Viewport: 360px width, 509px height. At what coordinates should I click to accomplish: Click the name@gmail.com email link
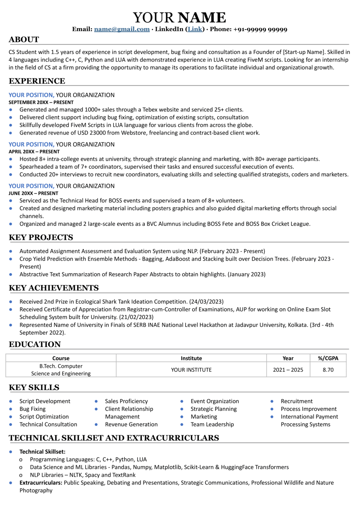(122, 29)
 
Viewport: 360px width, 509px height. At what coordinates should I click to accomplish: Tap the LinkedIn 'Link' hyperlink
(195, 29)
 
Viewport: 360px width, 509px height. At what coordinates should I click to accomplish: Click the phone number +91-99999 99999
(260, 29)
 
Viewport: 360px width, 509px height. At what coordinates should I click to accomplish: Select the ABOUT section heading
(24, 40)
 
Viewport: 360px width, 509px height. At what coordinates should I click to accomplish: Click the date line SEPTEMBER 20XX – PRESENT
(41, 102)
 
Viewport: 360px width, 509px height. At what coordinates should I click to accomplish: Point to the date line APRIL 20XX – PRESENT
(34, 151)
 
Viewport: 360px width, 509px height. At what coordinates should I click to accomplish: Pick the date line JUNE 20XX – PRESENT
(33, 193)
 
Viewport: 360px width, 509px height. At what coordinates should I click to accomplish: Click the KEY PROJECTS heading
(41, 238)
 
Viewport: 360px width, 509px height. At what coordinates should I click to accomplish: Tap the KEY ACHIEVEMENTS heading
(54, 288)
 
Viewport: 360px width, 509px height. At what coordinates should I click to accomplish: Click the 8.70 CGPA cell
(328, 370)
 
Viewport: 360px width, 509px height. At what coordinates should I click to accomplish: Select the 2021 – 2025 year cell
(288, 370)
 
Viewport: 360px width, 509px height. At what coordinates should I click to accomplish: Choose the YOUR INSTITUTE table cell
(191, 370)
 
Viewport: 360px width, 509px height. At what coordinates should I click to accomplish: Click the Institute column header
(191, 358)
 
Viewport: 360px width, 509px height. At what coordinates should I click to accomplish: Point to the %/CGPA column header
(328, 358)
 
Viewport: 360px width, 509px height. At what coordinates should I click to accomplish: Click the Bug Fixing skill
(32, 409)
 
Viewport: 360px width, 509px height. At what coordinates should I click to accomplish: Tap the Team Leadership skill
(212, 424)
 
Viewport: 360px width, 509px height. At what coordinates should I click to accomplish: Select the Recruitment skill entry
(296, 401)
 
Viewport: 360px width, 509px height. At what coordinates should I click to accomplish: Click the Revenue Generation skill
(131, 424)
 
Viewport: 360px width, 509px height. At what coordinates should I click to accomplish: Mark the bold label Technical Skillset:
(42, 452)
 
